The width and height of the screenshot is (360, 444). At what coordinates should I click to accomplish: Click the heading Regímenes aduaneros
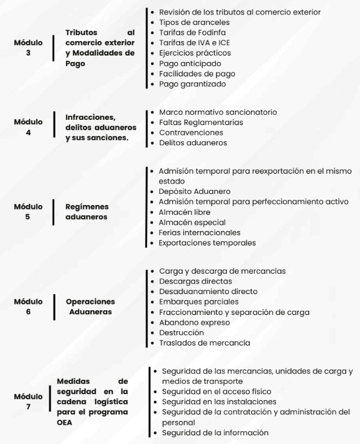(x=87, y=211)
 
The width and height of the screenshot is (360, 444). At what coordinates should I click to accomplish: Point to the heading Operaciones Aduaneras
(x=90, y=306)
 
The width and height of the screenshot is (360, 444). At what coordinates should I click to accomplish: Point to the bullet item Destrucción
(x=182, y=333)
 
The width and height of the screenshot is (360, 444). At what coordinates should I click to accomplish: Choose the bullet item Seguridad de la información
(x=215, y=432)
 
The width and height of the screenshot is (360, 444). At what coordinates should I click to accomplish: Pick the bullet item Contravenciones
(x=190, y=132)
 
